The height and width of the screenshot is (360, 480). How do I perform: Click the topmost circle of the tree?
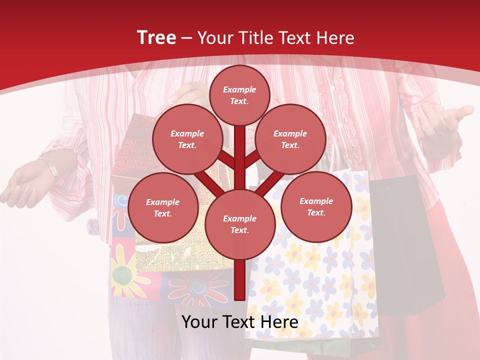pos(239,95)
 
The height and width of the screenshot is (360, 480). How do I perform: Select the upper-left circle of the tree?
pos(187,139)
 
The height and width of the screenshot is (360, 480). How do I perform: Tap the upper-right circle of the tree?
pos(290,139)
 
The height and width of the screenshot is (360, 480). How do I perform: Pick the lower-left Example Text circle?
pos(162,207)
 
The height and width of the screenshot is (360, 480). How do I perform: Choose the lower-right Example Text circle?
pos(316,206)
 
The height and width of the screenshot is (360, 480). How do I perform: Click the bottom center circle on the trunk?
pos(239,224)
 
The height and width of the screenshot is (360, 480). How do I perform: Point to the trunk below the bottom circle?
pos(239,280)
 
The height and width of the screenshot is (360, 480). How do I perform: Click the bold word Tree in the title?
pos(156,37)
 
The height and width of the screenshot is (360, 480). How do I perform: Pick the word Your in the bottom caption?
pos(200,322)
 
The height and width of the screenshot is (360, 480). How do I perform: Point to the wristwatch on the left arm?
pos(50,167)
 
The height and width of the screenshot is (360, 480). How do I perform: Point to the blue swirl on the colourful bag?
pos(121,201)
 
